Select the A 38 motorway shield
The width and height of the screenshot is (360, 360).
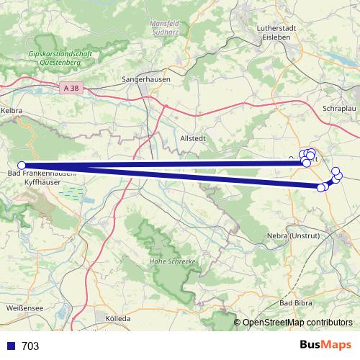click(x=70, y=87)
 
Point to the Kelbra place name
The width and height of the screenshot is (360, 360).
click(x=12, y=112)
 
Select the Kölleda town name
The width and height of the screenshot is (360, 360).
click(x=117, y=318)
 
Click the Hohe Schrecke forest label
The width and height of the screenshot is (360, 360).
click(x=172, y=261)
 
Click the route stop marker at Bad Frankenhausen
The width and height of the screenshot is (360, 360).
click(x=22, y=165)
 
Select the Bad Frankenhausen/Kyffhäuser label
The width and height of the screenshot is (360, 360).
click(x=40, y=179)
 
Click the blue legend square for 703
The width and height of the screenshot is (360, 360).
click(x=10, y=346)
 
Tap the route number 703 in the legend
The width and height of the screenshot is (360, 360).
click(x=30, y=346)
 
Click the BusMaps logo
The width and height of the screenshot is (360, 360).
click(x=325, y=346)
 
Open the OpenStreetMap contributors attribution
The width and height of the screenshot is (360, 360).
click(x=297, y=323)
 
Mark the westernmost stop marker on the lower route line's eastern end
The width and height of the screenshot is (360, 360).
click(x=320, y=187)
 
